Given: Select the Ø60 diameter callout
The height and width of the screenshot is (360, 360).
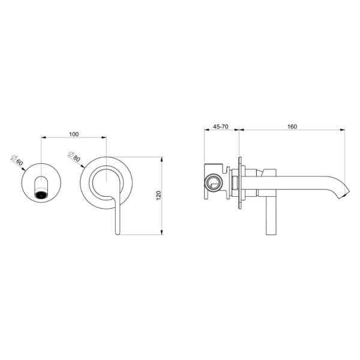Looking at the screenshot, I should [17, 160].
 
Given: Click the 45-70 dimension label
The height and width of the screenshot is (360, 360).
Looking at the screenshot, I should [221, 127].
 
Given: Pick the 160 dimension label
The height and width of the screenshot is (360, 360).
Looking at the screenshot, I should [292, 127].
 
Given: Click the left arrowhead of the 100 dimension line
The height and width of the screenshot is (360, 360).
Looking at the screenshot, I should [41, 137].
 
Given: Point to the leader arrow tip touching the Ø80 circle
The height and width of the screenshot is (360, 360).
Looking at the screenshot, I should [83, 166].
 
